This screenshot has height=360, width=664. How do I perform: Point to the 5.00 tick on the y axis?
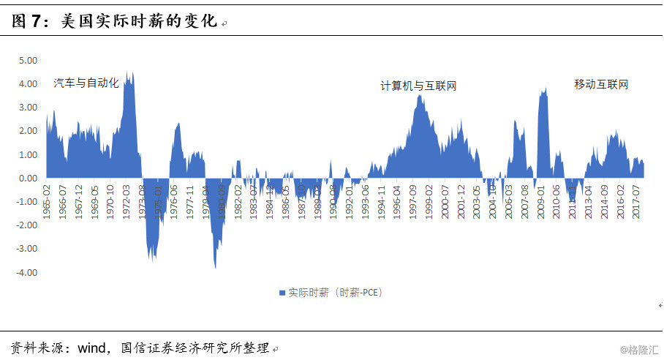pyautogui.click(x=27, y=61)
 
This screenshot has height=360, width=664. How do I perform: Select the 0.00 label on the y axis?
pyautogui.click(x=27, y=179)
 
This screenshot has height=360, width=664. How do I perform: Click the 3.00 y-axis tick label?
pyautogui.click(x=27, y=108)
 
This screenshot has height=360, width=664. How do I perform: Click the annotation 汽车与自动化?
pyautogui.click(x=86, y=83)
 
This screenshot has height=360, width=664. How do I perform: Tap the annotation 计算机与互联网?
pyautogui.click(x=418, y=86)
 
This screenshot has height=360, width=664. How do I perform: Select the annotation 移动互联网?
pyautogui.click(x=601, y=85)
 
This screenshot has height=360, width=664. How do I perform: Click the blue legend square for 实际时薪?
pyautogui.click(x=282, y=293)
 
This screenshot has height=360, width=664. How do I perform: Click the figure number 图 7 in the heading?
pyautogui.click(x=27, y=22)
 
